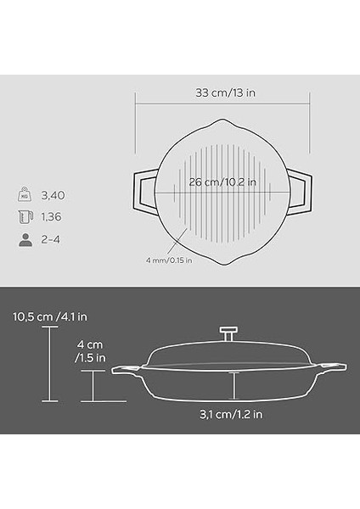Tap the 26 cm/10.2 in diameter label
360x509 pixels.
[x=222, y=181]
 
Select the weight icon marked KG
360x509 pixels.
[x=25, y=195]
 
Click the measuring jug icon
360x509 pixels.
[x=25, y=217]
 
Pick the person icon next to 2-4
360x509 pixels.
[x=25, y=239]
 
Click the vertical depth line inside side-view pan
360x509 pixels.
[x=233, y=386]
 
